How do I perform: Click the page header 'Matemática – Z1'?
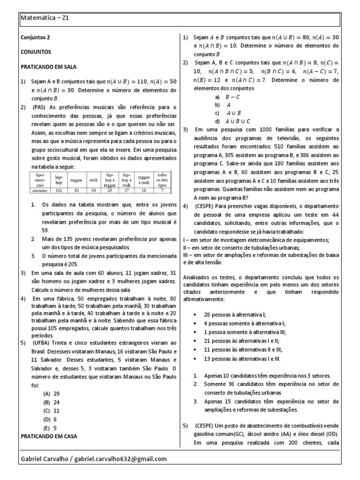click(45, 18)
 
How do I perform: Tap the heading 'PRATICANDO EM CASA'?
click(49, 436)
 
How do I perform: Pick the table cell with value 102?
click(59, 191)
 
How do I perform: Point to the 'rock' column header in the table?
click(93, 180)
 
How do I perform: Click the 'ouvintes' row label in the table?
click(40, 191)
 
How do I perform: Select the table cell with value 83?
click(76, 191)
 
